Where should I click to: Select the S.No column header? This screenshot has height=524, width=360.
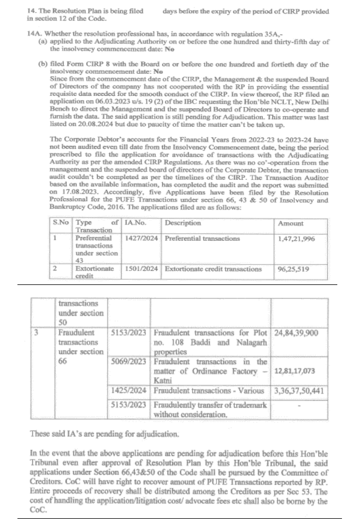tap(60, 223)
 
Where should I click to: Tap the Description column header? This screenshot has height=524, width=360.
tap(183, 223)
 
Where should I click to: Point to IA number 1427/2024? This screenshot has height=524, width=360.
tap(141, 238)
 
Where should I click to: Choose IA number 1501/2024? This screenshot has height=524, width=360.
tap(141, 269)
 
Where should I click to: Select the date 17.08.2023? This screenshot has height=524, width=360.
tap(78, 192)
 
